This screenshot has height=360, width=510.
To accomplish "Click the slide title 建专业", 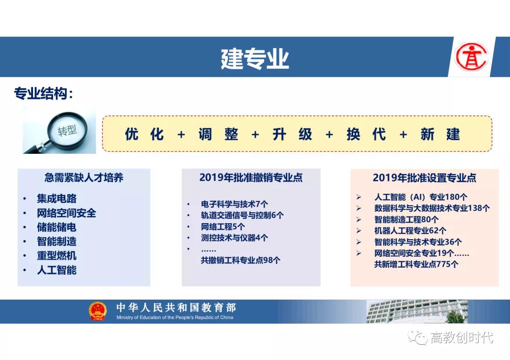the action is tap(255, 59).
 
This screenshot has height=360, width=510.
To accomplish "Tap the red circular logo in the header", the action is tap(471, 57).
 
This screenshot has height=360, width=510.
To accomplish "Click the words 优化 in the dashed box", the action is tap(144, 134).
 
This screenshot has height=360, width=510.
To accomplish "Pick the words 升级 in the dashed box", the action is tap(292, 134).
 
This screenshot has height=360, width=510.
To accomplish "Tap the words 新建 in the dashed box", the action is tap(441, 134).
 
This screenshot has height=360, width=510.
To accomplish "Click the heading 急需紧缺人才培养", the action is tap(84, 178).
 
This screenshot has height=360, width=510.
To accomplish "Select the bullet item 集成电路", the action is tap(57, 199).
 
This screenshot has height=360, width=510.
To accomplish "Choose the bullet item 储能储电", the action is tap(57, 227).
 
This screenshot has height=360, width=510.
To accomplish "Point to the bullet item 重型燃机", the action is tap(57, 256).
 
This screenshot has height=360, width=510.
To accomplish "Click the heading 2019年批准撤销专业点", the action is tap(251, 177).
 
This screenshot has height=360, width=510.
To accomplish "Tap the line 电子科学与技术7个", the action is tap(235, 204).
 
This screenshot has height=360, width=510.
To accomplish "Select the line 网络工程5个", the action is tap(222, 226).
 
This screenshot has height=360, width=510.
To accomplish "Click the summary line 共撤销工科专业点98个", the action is tap(240, 260).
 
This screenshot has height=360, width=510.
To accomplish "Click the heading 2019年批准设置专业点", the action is tap(425, 178).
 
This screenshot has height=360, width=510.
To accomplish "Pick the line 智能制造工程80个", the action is tap(406, 219).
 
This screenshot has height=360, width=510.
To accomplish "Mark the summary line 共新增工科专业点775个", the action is tap(416, 264).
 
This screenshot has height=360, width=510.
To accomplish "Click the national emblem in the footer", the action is tap(98, 311).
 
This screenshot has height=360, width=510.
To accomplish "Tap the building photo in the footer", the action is tap(417, 311).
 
